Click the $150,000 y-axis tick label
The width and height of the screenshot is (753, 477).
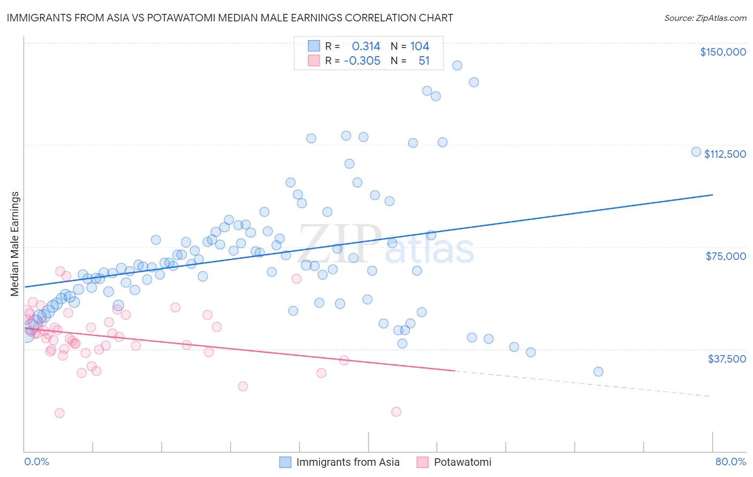coord(722,52)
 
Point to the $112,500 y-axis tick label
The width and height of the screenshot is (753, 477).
coord(725,154)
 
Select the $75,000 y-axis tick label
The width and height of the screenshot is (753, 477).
coord(725,256)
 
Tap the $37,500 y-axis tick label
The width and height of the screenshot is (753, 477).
coord(726,359)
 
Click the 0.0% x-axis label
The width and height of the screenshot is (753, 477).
coord(36,461)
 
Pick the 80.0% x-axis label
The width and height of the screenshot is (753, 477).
coord(731,461)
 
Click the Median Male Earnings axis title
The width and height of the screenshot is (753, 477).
coord(15,244)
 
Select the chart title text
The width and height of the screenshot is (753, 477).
coord(230,18)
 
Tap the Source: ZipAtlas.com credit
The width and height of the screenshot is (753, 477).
coord(705,18)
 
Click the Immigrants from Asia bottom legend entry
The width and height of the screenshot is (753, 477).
coord(340,462)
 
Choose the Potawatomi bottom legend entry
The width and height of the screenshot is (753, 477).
coord(454,462)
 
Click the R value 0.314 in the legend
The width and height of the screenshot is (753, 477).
coord(366,47)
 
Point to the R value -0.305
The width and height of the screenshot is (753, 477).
coord(362,61)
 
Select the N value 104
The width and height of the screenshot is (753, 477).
coord(419,47)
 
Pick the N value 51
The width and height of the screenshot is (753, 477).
coord(424,61)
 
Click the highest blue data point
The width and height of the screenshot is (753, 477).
coord(457,65)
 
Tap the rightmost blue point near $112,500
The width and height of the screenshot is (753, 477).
coord(696,152)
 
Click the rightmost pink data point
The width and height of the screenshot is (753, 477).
coord(396,412)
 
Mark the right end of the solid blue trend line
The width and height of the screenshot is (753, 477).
coord(712,195)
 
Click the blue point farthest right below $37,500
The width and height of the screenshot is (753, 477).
coord(598,372)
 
